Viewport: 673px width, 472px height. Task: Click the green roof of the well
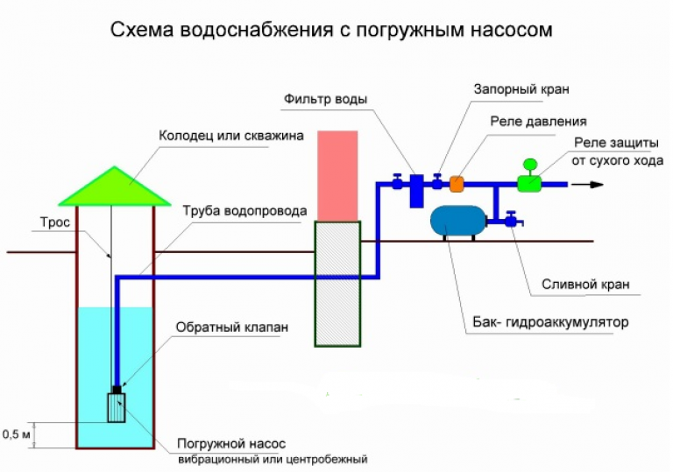(115, 189)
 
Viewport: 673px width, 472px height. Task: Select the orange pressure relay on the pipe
(457, 184)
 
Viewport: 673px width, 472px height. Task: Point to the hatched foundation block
(337, 283)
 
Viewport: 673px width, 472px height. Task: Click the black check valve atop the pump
(116, 389)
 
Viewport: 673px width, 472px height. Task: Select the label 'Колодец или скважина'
(230, 137)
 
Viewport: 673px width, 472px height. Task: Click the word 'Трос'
(54, 222)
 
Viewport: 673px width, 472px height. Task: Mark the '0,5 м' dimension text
(17, 433)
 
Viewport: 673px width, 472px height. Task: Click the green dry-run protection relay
(528, 181)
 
